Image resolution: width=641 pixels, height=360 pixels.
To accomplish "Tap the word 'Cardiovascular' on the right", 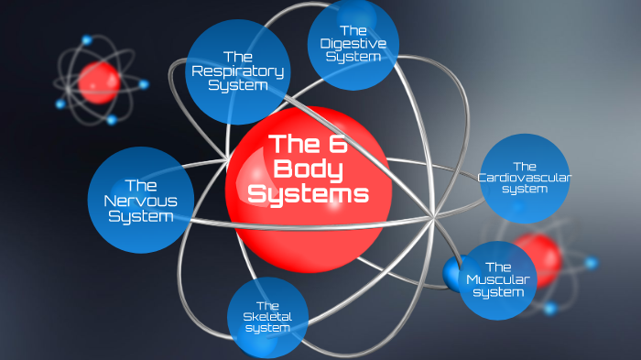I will click(x=525, y=178).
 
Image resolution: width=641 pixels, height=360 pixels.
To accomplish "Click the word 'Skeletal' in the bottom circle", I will click(x=266, y=317).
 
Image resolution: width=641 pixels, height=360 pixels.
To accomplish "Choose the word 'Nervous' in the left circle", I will click(x=140, y=201).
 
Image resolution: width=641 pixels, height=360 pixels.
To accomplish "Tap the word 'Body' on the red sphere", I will click(x=309, y=169).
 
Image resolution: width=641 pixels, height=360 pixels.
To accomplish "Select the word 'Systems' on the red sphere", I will click(x=309, y=194).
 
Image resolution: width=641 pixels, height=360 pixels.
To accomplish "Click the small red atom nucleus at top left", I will click(x=98, y=82).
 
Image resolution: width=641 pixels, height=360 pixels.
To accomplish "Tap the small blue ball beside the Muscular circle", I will click(x=452, y=272).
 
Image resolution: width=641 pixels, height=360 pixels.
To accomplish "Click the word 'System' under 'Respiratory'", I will click(x=237, y=86).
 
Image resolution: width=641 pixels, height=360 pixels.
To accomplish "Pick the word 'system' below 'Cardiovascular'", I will click(x=525, y=190).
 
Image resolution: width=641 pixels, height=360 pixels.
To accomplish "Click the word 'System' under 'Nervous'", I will click(x=140, y=217).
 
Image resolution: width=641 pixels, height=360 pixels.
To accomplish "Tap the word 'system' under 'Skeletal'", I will click(x=266, y=329).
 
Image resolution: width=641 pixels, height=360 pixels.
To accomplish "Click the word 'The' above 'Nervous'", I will click(x=140, y=184).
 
